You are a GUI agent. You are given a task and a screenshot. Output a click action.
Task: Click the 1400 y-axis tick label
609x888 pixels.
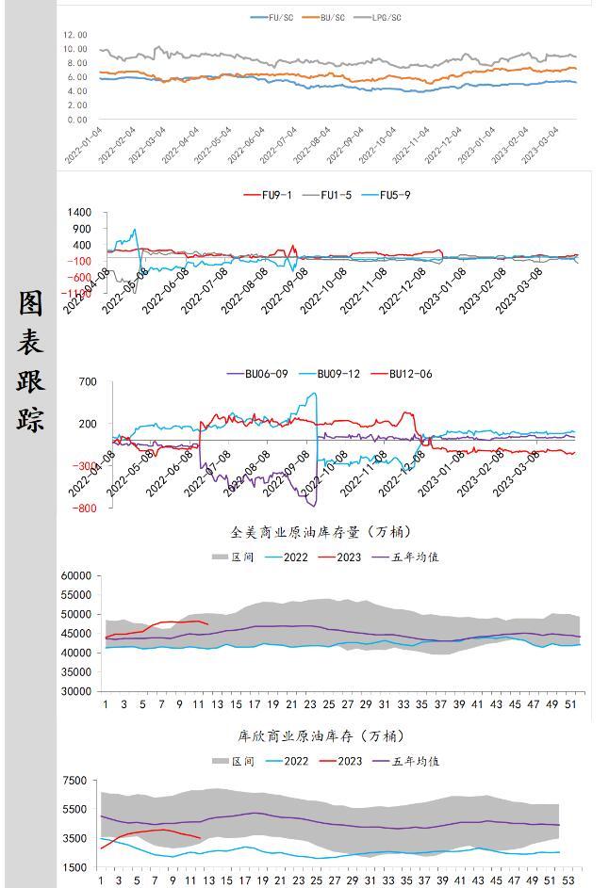79,213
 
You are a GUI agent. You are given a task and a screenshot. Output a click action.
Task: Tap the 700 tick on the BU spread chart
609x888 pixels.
88,381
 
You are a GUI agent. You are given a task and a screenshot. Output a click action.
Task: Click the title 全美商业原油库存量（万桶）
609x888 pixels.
321,532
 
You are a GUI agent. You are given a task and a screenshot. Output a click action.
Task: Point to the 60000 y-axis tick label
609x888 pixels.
75,575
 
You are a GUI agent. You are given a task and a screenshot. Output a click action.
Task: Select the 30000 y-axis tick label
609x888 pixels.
75,691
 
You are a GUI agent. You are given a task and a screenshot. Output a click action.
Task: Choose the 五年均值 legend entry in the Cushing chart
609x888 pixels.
416,761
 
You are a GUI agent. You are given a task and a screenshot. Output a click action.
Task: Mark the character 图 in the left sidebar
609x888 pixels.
30,303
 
